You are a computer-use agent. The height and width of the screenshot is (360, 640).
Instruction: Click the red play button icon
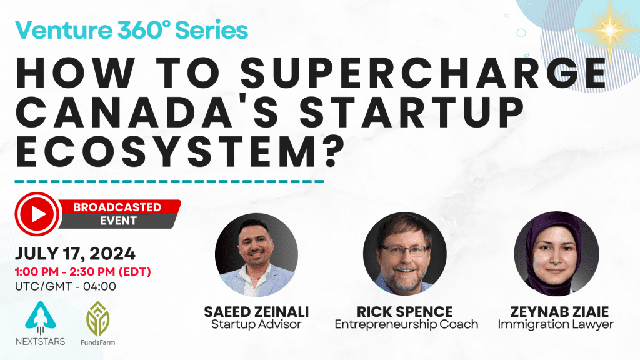coord(37,214)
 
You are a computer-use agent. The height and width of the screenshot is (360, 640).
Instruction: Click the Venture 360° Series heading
coord(131,30)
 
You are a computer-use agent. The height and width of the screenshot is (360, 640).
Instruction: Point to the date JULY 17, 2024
coord(75,254)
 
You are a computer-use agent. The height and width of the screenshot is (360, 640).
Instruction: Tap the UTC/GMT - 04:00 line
coord(65,286)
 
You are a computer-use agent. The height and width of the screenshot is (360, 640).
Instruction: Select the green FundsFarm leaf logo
coord(98,319)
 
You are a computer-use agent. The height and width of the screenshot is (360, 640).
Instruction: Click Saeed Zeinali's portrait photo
coord(256,254)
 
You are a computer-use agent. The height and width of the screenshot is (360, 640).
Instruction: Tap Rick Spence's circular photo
coord(405,254)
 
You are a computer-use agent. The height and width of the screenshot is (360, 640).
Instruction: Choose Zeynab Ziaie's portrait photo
coord(556,254)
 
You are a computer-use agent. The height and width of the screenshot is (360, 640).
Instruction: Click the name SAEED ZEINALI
coord(256,312)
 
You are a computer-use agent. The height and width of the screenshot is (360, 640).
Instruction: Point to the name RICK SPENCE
coord(405,312)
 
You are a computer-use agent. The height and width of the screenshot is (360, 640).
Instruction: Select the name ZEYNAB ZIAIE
coord(559,312)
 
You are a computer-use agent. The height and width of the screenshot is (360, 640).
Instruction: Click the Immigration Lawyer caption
coord(556,324)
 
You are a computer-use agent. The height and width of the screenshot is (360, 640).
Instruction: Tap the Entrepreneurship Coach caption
coord(406,324)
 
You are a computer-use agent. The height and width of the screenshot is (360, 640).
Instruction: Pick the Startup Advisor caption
coord(256,324)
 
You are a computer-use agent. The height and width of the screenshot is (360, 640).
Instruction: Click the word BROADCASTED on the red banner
coord(117,207)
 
